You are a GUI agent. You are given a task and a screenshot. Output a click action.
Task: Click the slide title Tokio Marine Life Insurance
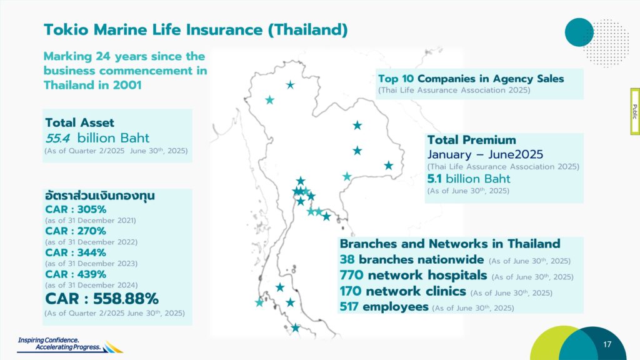[x=196, y=30]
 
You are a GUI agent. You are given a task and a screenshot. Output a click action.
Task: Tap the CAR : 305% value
[x=76, y=209]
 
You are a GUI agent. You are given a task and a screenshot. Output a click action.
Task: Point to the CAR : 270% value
[x=76, y=231]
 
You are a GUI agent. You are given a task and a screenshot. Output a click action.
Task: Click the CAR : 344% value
[x=76, y=252]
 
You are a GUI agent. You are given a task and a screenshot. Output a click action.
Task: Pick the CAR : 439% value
[x=76, y=274]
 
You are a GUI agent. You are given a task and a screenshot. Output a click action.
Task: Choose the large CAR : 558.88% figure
[x=102, y=299]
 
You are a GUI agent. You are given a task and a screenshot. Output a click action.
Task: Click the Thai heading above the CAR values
[x=100, y=196]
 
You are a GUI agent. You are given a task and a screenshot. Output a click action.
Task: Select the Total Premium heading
[x=471, y=140]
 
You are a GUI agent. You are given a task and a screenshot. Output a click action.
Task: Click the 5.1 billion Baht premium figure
[x=469, y=179]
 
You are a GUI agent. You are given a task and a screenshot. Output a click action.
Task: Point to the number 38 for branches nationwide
[x=347, y=259]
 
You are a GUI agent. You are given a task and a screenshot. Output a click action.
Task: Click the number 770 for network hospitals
[x=351, y=275]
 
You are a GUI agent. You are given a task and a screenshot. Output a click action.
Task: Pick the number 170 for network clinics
[x=351, y=291]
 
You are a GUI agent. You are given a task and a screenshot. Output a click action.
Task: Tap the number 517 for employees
[x=349, y=306]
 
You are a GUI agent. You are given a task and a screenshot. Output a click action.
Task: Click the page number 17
[x=607, y=344]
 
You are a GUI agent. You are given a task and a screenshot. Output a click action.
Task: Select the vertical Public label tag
[x=635, y=111]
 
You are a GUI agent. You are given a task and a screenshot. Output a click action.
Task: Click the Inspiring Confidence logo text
[x=59, y=344]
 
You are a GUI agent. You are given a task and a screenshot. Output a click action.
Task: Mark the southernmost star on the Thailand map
[x=296, y=327]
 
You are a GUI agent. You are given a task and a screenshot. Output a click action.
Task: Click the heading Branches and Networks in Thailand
[x=450, y=244]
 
